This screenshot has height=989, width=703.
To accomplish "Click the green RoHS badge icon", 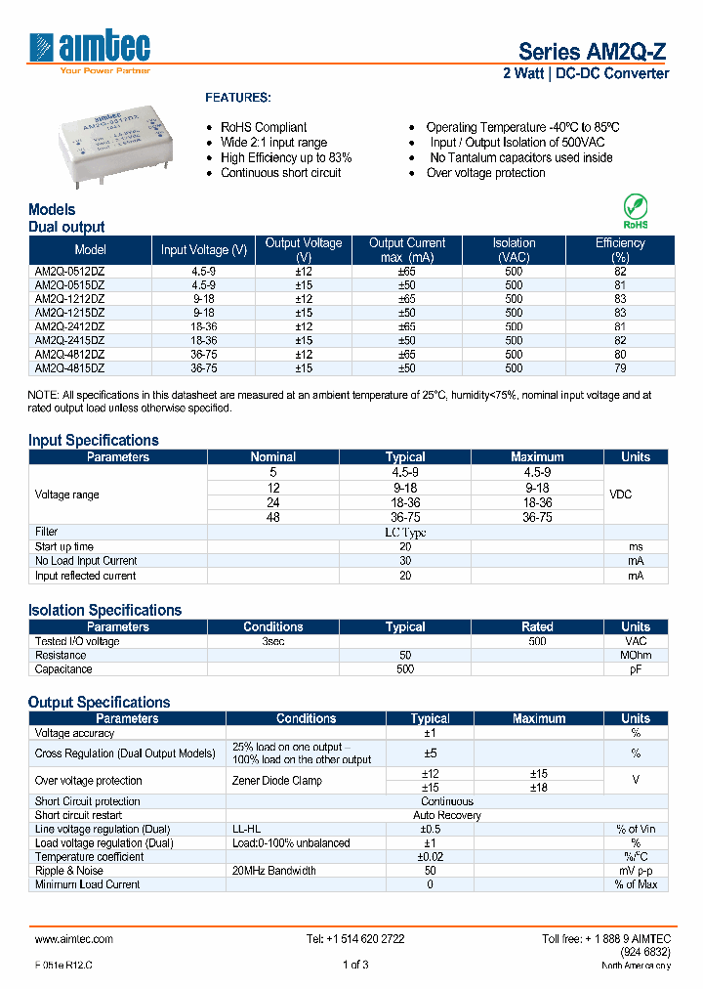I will tap(635, 209).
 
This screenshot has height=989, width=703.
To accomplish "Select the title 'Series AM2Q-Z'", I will tap(593, 52).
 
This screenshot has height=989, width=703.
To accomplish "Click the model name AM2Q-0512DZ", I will tap(69, 271).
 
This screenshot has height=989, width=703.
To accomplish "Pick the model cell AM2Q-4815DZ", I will tap(69, 368).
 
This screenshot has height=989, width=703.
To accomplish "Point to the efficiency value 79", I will tap(620, 368).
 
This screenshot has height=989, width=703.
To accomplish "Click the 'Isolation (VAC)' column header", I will tap(514, 249).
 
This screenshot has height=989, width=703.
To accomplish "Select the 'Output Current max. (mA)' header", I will tap(407, 249).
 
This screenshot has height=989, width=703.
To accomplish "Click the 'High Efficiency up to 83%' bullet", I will tap(286, 157).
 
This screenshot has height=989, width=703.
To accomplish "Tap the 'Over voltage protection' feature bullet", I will tap(485, 173).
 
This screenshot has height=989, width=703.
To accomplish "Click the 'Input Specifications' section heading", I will tap(93, 440).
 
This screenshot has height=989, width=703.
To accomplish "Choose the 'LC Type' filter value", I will tap(404, 533).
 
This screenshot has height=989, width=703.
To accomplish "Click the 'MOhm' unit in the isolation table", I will tap(635, 655).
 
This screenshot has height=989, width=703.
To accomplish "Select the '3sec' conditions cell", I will tap(273, 641).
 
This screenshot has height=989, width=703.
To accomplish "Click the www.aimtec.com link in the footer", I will tap(74, 938).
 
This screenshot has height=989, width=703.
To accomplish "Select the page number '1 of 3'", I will tap(355, 966).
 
